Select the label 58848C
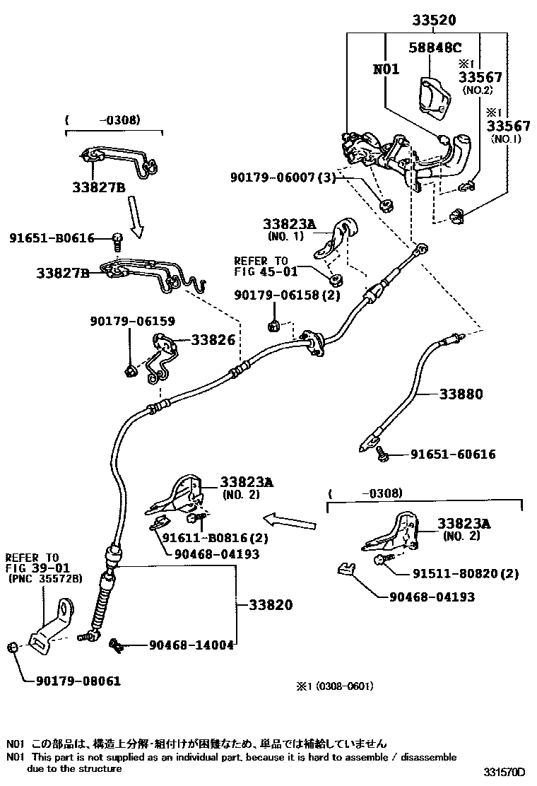tap(435, 47)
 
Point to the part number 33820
tap(269, 605)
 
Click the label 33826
tap(212, 340)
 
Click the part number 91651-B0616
tap(52, 238)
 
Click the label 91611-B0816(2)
tap(215, 538)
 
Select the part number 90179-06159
tap(132, 321)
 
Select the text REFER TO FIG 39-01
tap(33, 563)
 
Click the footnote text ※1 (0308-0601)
tap(334, 686)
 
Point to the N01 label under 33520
tap(386, 69)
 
